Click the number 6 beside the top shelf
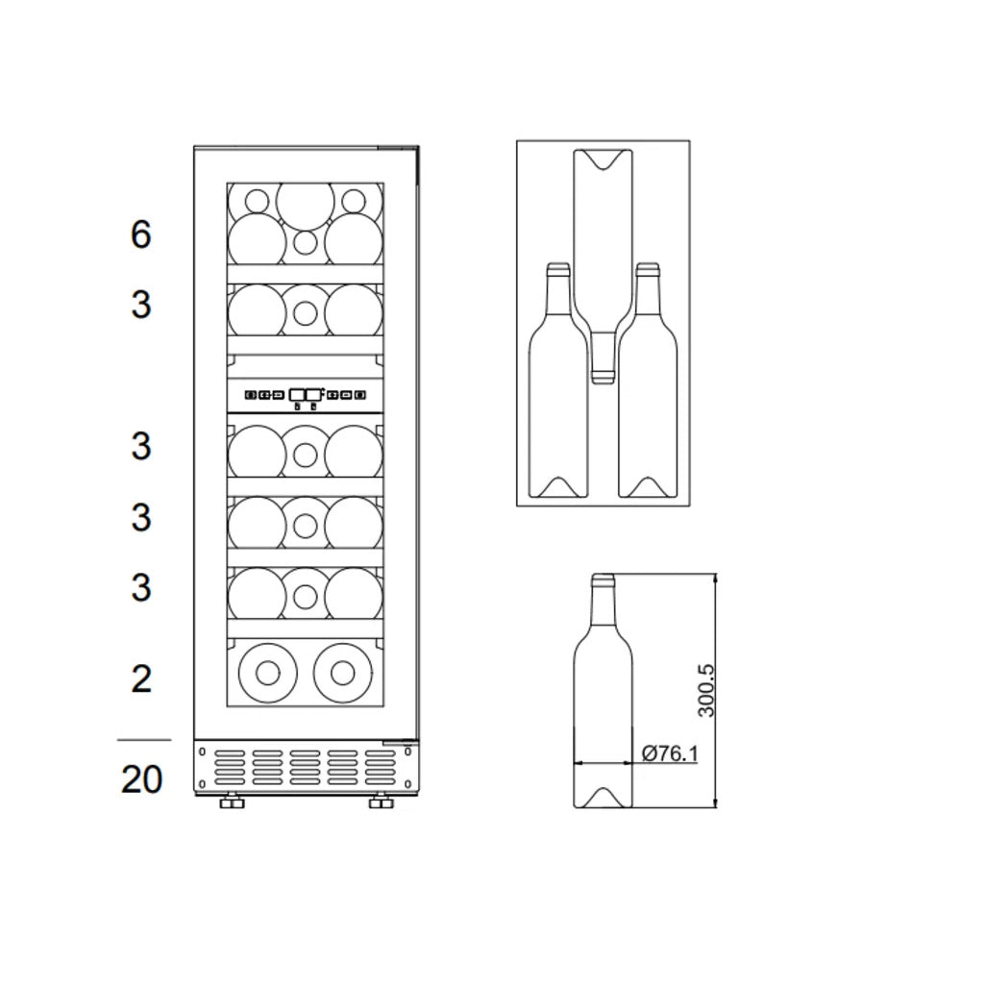pos(141,234)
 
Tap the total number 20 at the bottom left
pos(141,778)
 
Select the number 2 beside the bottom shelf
pos(141,679)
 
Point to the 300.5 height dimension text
pos(706,690)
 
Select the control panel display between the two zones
pos(306,393)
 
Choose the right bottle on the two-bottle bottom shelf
pos(342,670)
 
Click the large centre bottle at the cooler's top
pos(306,200)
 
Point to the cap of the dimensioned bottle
pos(603,579)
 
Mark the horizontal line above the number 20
pos(143,741)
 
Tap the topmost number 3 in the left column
pos(141,305)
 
